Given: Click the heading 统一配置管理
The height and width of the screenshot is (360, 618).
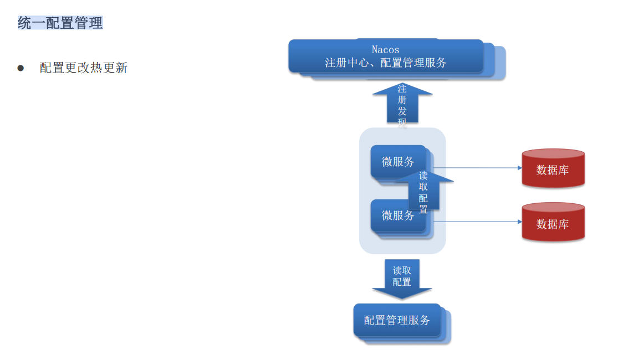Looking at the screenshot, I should tap(60, 23).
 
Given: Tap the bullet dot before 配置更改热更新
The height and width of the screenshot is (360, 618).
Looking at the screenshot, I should tap(21, 68).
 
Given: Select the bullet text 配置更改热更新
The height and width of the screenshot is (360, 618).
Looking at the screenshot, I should tap(84, 68).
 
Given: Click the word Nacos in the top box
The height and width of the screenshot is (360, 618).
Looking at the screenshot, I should tap(385, 50).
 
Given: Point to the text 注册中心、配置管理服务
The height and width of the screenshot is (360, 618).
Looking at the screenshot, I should tap(385, 63).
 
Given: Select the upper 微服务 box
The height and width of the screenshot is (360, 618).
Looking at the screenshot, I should tap(397, 161).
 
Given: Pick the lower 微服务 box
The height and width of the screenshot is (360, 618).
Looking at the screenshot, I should tap(397, 215).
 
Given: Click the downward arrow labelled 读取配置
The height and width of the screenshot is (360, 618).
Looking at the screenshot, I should tap(402, 277).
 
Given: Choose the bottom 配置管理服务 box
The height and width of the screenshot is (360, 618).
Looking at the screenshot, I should tap(397, 320).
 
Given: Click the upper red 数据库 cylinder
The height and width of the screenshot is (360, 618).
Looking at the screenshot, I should tap(553, 169).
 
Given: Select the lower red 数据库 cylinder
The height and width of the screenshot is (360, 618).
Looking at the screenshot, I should tap(553, 224).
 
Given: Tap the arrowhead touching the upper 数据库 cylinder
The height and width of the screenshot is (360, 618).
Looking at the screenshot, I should tap(519, 168).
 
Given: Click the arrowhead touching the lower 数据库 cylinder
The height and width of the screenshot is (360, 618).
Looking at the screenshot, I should tap(519, 222).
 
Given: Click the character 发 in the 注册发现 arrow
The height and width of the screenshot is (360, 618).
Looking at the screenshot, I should tap(402, 111).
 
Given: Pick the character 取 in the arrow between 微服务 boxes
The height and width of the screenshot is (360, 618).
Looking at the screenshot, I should tap(423, 187).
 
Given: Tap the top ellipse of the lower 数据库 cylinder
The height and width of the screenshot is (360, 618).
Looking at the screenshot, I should tap(553, 208).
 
